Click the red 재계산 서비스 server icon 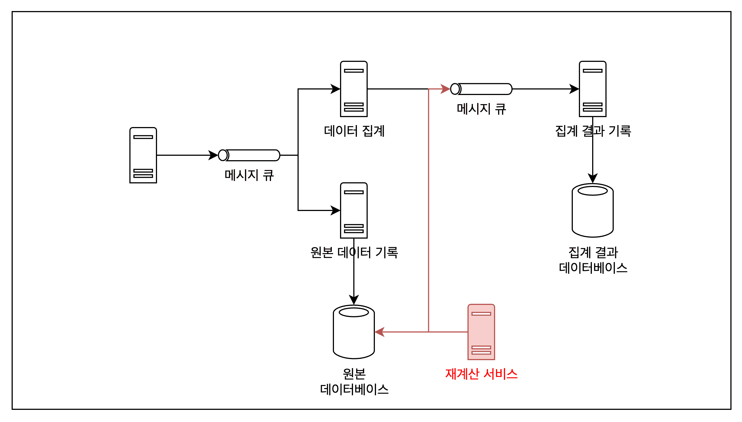(481, 332)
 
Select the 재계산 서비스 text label (481, 374)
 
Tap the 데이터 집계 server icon (354, 89)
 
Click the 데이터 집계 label (354, 131)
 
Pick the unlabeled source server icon (143, 155)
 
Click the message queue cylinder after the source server (249, 155)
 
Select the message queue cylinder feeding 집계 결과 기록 (481, 89)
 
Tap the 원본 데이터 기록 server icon (354, 210)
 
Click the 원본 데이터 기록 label (354, 252)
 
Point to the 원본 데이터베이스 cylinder (354, 332)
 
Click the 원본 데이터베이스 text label (354, 381)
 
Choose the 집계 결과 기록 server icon (592, 89)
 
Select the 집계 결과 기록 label (593, 131)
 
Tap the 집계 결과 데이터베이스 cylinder (592, 210)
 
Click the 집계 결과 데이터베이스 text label (593, 260)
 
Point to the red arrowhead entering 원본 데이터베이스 (379, 332)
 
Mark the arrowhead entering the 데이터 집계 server (336, 89)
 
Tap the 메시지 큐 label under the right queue (481, 109)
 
